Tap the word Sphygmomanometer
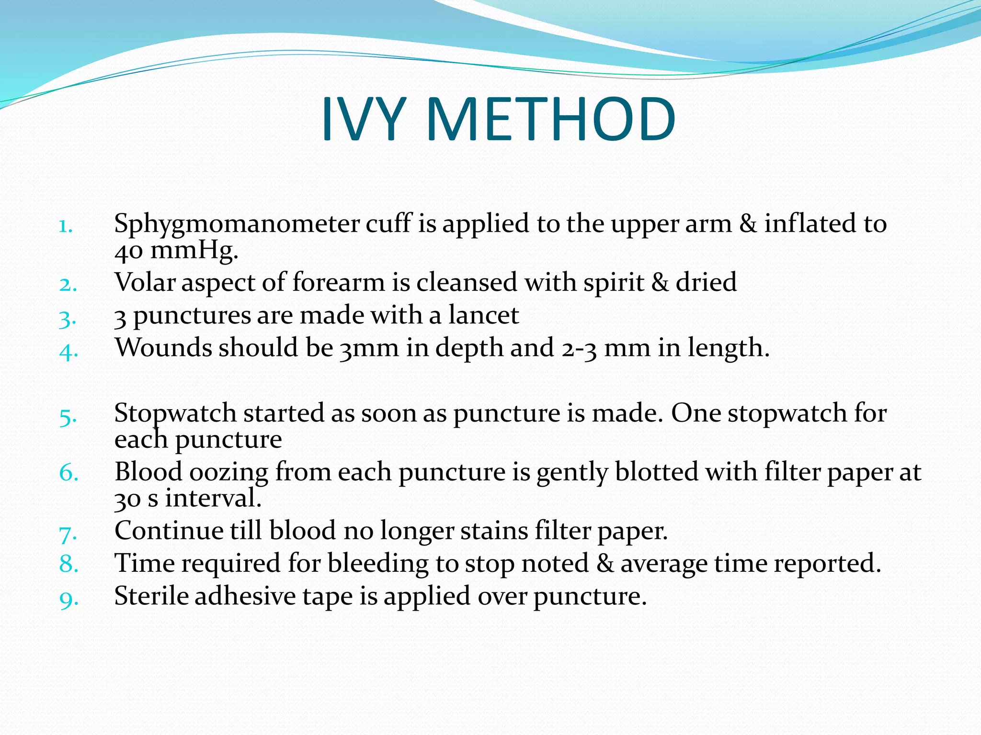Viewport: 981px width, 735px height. (x=237, y=224)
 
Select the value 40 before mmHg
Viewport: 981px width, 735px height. (x=128, y=251)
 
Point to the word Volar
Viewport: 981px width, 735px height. (x=145, y=282)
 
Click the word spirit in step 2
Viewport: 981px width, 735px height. (x=613, y=283)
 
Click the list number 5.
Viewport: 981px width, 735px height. (x=68, y=417)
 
